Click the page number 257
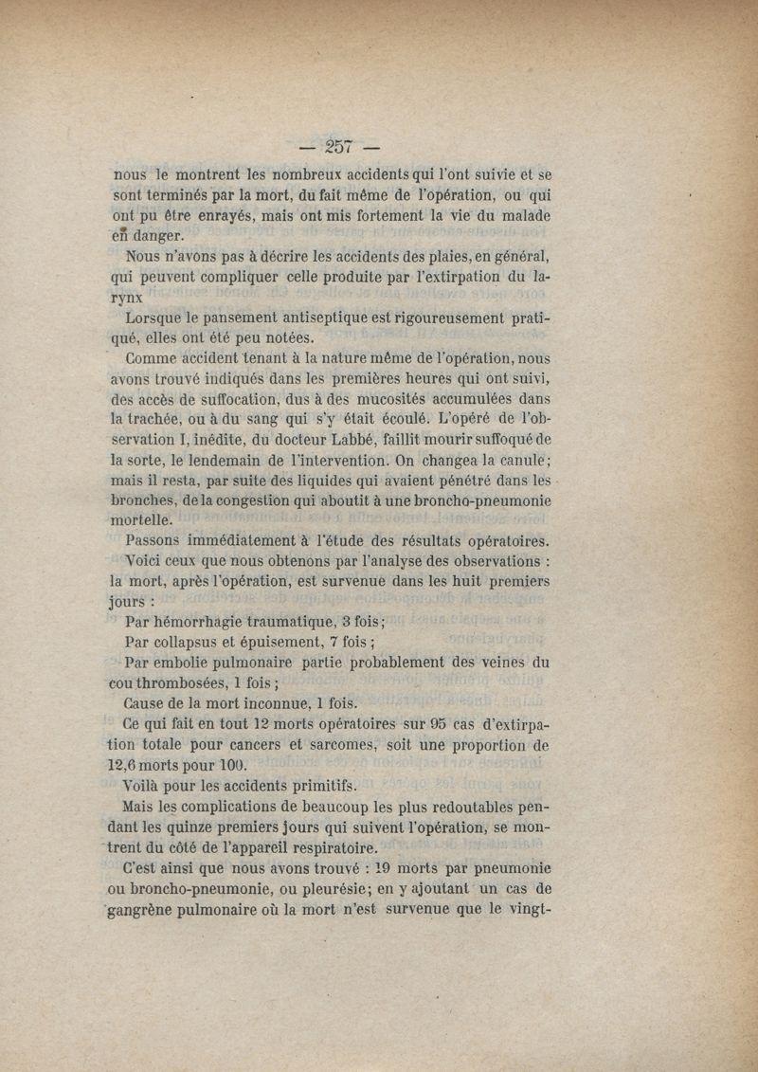[x=338, y=146]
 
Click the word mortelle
[x=142, y=521]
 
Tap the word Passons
[x=157, y=541]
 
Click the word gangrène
[x=157, y=910]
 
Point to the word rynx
[x=129, y=298]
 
